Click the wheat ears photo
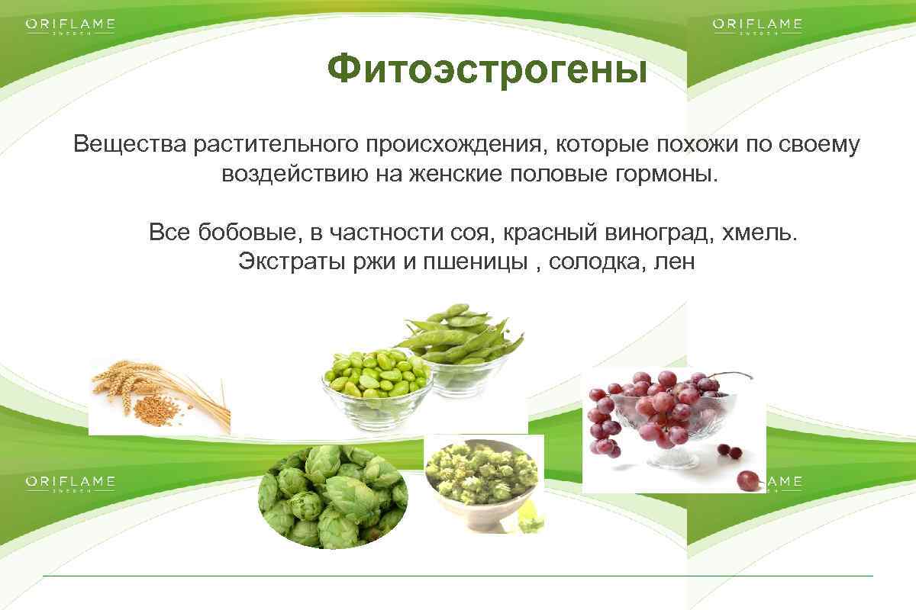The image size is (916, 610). click(x=159, y=396)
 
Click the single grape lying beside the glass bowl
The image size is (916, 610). click(x=747, y=480)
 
